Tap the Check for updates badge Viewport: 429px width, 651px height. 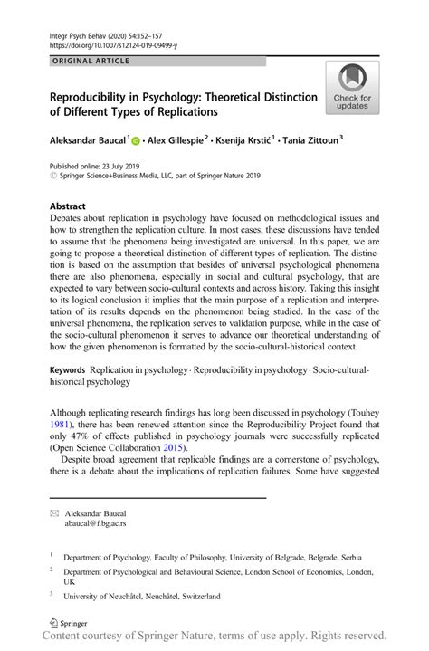[352, 90]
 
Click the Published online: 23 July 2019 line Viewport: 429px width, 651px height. [101, 168]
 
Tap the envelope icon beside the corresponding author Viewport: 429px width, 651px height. [54, 513]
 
